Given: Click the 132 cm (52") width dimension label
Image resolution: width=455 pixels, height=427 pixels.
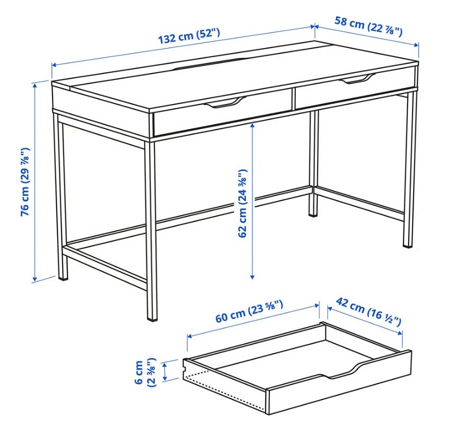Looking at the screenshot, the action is tap(189, 35).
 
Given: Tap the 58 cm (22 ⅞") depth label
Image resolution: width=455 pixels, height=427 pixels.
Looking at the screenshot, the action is tap(368, 27).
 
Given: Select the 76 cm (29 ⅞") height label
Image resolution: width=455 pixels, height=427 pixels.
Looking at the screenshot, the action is tap(25, 182).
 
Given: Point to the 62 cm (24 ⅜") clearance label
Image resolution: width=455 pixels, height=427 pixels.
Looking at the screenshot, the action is tap(242, 203).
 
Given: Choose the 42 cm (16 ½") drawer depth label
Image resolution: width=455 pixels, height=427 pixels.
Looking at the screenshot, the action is tap(368, 312).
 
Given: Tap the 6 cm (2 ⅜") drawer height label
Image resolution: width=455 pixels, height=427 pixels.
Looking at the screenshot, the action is tap(145, 372).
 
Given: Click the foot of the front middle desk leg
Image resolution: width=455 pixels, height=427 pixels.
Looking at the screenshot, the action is tap(152, 318).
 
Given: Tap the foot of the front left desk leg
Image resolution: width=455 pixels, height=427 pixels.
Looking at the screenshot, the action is tap(63, 278).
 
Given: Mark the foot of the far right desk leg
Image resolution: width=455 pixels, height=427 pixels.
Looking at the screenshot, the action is tap(408, 246).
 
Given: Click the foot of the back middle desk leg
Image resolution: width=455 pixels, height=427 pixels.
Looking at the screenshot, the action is tap(313, 215).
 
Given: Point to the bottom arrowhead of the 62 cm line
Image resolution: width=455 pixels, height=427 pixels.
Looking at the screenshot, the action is tap(252, 277).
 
